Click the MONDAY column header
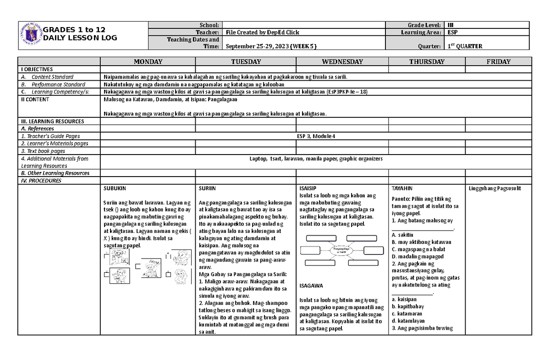click(x=148, y=61)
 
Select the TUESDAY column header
click(x=246, y=61)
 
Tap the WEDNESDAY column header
click(x=342, y=61)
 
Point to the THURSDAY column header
click(x=427, y=61)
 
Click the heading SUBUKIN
click(x=115, y=188)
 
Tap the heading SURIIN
click(x=208, y=188)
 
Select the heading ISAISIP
click(x=307, y=188)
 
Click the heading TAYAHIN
click(x=402, y=188)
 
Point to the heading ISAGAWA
click(x=311, y=285)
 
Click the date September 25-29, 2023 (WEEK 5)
click(x=271, y=46)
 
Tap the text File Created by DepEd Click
click(x=263, y=32)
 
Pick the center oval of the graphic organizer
click(x=339, y=250)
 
